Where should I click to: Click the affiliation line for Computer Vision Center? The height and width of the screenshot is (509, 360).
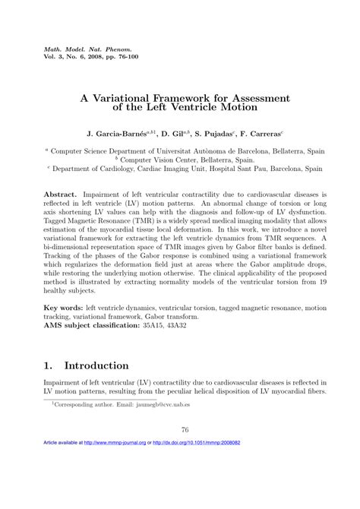(x=179, y=161)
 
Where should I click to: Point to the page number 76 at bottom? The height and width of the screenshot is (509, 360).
(x=180, y=453)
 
